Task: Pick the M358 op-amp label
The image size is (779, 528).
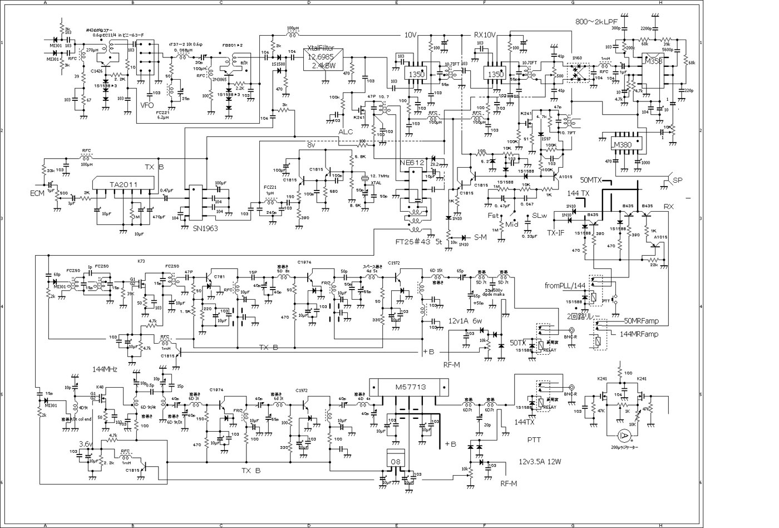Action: point(652,61)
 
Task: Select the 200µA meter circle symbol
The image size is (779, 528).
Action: point(625,436)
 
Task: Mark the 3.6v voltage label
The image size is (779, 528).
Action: point(86,444)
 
